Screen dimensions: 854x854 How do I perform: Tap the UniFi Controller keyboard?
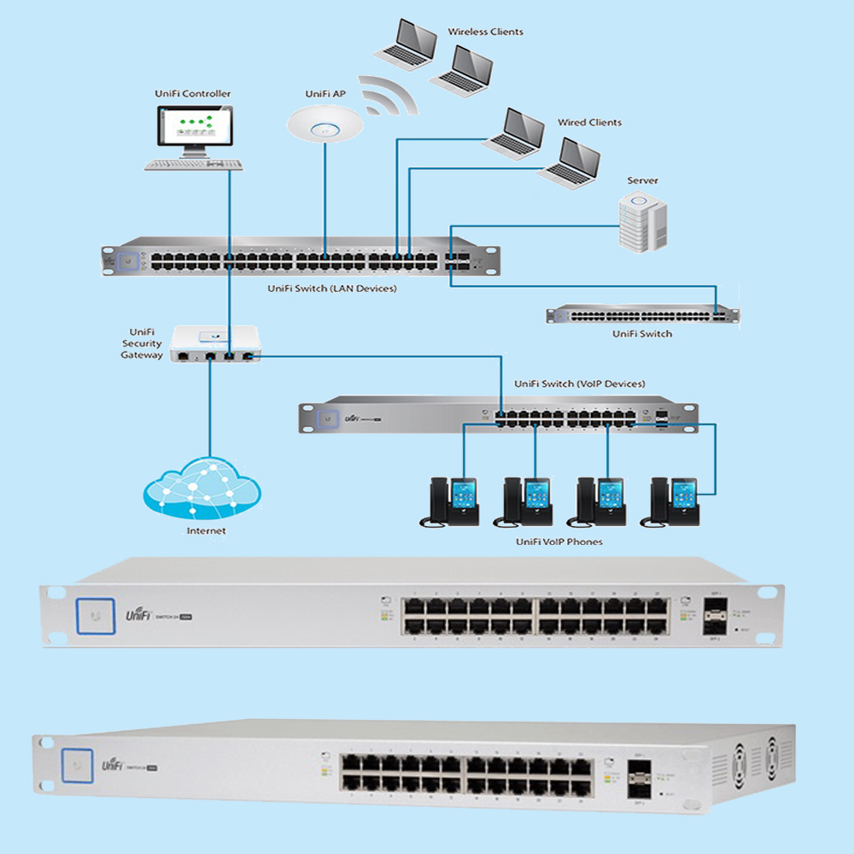point(193,164)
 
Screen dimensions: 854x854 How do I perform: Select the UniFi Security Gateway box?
point(215,343)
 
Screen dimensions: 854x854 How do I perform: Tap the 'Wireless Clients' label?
point(485,32)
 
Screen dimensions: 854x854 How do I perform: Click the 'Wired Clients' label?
point(589,123)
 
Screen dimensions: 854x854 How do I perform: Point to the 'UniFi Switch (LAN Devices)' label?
point(331,289)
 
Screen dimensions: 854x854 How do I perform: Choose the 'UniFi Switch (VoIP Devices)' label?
point(579,384)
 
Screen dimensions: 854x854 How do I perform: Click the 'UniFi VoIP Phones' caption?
point(559,541)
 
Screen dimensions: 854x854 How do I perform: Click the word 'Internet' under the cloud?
point(206,531)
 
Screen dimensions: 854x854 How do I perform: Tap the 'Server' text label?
point(642,181)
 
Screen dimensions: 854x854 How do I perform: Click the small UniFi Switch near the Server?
point(643,314)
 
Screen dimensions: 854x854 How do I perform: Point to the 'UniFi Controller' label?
point(193,94)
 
